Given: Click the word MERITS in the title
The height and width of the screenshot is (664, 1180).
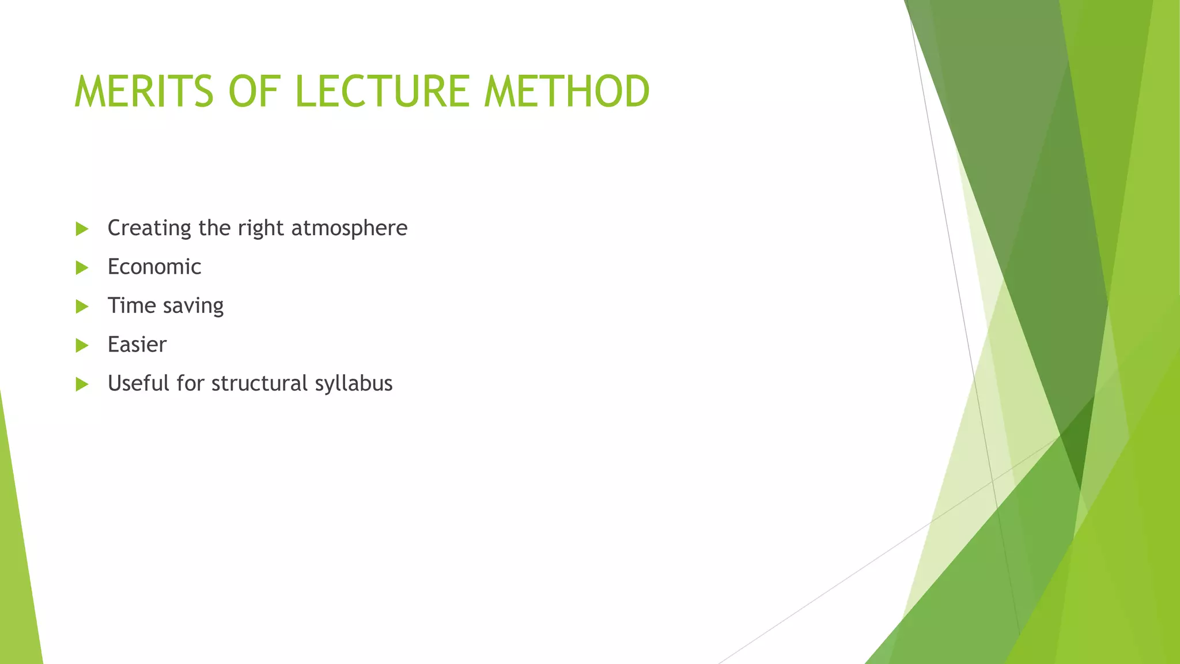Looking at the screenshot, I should pyautogui.click(x=144, y=92).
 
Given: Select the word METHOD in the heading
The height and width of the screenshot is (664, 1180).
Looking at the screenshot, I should pyautogui.click(x=567, y=92).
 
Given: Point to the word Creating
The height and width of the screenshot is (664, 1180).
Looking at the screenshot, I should pyautogui.click(x=149, y=228).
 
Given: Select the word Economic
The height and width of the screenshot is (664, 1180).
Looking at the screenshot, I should pyautogui.click(x=154, y=267).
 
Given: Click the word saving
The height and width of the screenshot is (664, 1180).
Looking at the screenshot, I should pyautogui.click(x=193, y=306).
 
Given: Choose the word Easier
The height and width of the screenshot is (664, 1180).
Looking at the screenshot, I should pyautogui.click(x=137, y=345).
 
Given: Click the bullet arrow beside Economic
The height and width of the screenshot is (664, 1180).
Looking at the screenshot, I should pyautogui.click(x=82, y=267).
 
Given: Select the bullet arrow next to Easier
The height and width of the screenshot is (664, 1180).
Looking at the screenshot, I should pyautogui.click(x=82, y=345).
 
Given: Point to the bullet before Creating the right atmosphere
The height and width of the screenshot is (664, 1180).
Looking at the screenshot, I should pyautogui.click(x=82, y=229).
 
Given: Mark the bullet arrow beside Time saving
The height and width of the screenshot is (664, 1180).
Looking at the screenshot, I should pyautogui.click(x=82, y=307).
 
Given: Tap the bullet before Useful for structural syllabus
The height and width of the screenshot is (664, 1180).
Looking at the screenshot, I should pyautogui.click(x=82, y=384).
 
